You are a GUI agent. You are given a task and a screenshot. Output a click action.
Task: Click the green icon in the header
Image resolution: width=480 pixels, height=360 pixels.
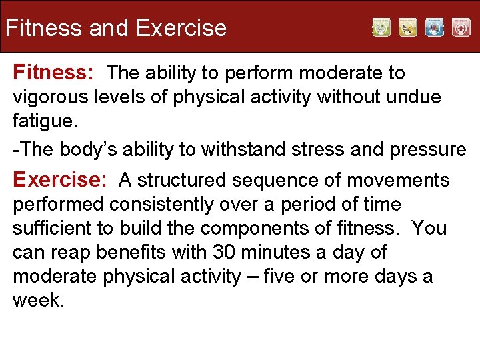coord(381,27)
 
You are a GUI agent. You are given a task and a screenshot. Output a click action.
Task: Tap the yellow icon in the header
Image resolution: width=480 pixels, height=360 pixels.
coord(408,27)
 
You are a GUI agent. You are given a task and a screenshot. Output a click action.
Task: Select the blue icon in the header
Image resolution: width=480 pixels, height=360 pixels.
coord(435,27)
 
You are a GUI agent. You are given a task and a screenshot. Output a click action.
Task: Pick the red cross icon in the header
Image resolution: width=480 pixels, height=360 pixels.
coord(461,27)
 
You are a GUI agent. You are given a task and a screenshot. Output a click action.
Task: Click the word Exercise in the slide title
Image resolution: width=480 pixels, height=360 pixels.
coord(181,28)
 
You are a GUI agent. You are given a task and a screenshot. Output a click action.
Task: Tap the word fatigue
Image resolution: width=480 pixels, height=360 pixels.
coord(42,121)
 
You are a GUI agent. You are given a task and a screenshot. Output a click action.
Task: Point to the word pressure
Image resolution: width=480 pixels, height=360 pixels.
coord(427,150)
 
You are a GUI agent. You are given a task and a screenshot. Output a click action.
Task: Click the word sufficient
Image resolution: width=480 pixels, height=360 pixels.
coord(52,228)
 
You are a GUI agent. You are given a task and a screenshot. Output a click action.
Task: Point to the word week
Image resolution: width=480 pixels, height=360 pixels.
coord(37,300)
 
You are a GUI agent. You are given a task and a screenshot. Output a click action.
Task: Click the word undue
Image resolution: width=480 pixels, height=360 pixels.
coord(412,97)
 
